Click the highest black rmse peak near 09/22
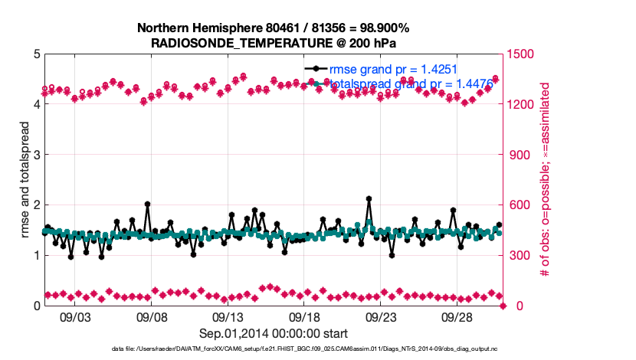[369, 198]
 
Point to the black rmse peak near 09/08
[147, 205]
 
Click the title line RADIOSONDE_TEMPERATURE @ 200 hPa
[273, 43]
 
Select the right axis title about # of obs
[545, 180]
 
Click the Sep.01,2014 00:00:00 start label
[274, 333]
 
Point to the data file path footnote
[294, 349]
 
